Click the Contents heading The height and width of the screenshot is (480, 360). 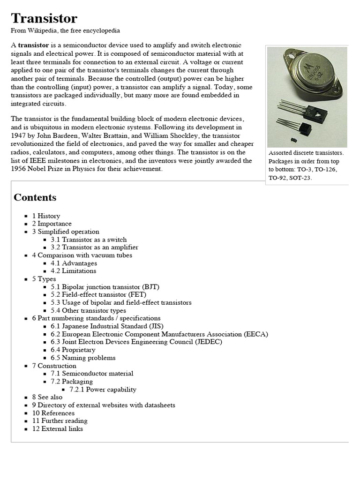[35, 197]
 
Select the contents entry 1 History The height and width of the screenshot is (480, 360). [46, 216]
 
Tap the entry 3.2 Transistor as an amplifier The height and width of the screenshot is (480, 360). [94, 247]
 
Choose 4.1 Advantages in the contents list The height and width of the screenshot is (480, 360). [74, 263]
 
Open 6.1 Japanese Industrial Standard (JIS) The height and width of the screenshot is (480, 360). [107, 326]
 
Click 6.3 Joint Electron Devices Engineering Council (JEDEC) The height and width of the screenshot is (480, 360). [136, 342]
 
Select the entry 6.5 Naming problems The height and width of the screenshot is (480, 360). [83, 358]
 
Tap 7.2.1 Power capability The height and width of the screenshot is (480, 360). [103, 389]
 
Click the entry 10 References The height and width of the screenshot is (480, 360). [53, 413]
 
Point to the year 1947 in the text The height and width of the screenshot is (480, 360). [19, 135]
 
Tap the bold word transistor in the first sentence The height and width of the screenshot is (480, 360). [33, 45]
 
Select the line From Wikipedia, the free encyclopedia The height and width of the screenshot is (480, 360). [65, 30]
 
